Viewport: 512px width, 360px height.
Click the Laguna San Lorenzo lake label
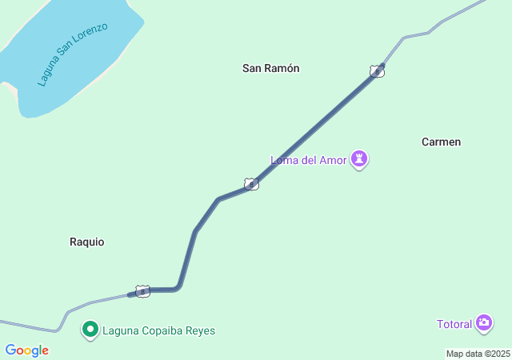[x=72, y=54]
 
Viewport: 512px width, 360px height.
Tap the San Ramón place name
[x=270, y=69]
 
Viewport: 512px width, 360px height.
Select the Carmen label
[x=441, y=142]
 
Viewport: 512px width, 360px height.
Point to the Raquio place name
[x=87, y=242]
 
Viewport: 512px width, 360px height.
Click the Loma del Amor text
[x=309, y=160]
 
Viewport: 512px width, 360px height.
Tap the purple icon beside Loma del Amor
[x=361, y=159]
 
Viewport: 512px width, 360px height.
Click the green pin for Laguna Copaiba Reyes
[x=90, y=330]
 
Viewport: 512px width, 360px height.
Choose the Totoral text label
[x=454, y=324]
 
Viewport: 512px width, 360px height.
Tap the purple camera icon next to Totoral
[x=483, y=323]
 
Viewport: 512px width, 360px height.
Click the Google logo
[x=26, y=350]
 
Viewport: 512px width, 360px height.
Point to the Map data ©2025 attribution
[x=478, y=354]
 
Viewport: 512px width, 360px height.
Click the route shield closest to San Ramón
[x=377, y=71]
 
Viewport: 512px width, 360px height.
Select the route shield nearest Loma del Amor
[x=251, y=184]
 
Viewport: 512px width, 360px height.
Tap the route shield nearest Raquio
[x=142, y=291]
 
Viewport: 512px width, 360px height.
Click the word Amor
[x=334, y=160]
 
